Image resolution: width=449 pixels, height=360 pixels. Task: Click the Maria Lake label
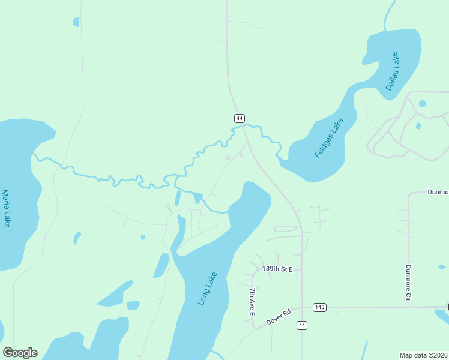[x=6, y=209]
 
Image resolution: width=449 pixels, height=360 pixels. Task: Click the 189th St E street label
[x=277, y=269]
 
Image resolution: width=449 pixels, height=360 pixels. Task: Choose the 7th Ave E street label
[x=252, y=301]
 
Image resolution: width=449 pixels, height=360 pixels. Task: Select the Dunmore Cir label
[x=408, y=282]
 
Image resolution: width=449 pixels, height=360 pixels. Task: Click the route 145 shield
[x=319, y=307]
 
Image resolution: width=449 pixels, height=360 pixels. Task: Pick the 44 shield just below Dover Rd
[x=301, y=325]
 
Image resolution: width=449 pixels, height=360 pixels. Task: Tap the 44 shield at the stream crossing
[x=239, y=118]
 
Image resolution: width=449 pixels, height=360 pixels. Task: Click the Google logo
[x=20, y=353]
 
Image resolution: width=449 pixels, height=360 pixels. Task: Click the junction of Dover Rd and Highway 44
[x=302, y=307]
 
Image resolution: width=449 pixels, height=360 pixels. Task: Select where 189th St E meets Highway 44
[x=302, y=269]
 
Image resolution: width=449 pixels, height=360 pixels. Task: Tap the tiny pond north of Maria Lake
[x=76, y=22]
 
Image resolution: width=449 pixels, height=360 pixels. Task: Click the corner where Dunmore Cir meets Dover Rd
[x=409, y=307]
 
